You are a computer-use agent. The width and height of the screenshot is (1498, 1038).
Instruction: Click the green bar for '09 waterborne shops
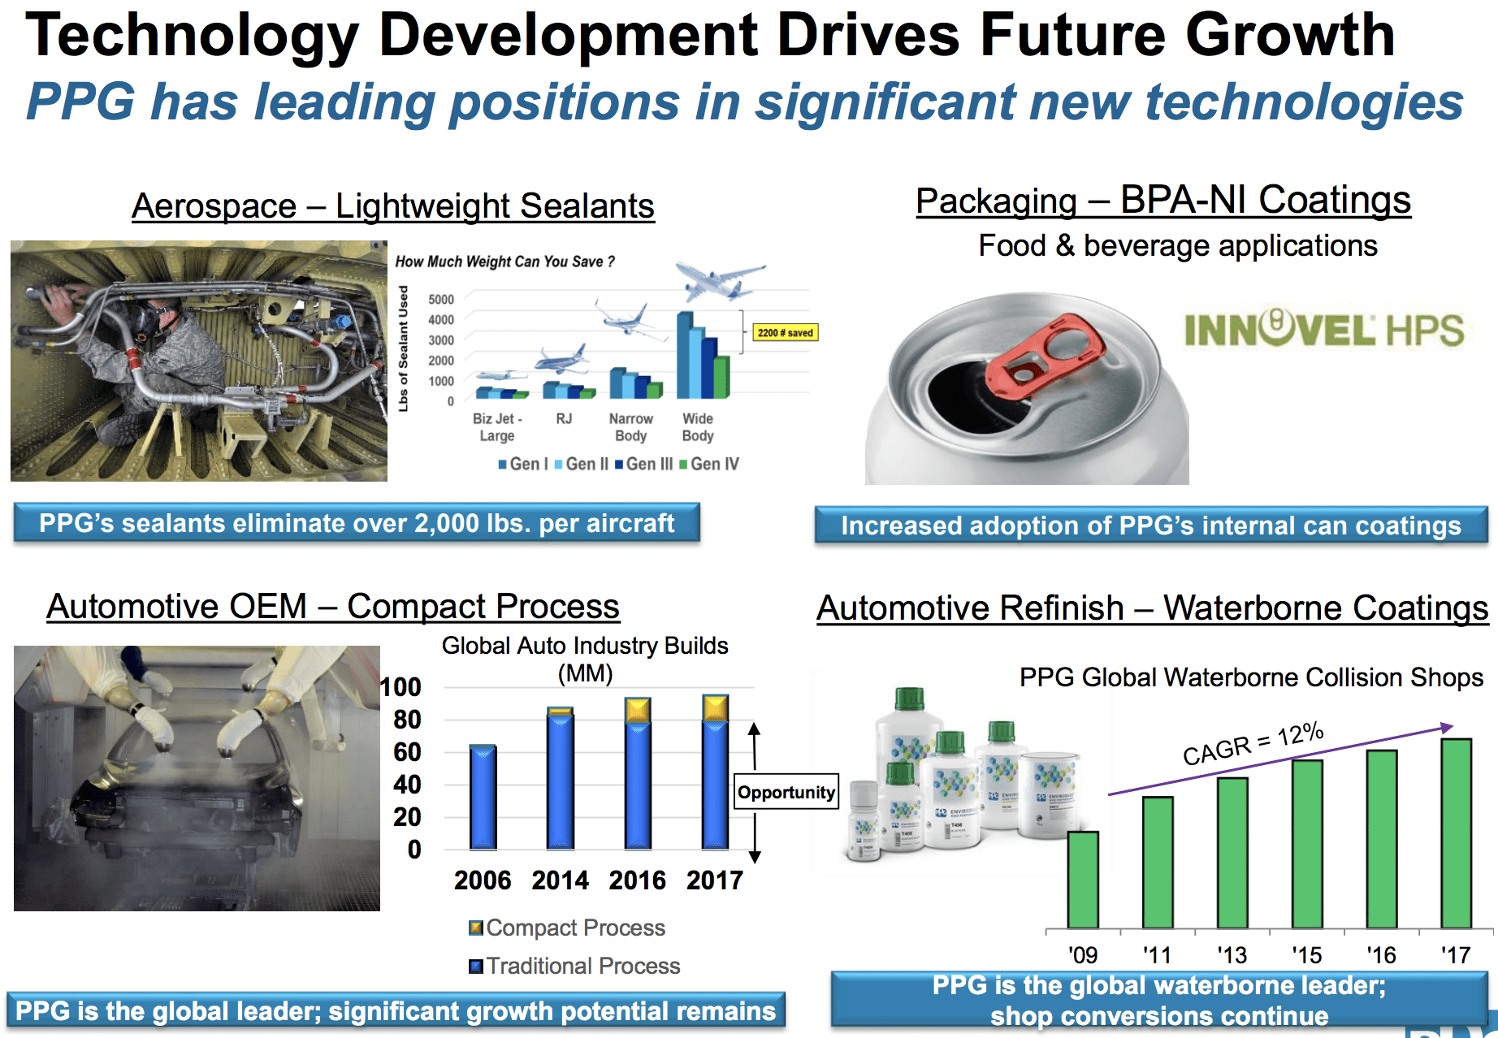(1083, 880)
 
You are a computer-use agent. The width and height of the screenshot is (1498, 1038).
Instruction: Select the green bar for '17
(1456, 833)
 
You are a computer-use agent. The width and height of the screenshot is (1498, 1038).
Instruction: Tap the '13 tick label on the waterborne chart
(1232, 954)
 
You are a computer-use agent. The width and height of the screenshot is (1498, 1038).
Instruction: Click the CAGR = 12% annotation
(1253, 743)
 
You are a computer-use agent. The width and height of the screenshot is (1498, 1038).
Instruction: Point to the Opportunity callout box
(786, 792)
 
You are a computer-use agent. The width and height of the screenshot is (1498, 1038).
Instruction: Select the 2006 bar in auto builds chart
(483, 798)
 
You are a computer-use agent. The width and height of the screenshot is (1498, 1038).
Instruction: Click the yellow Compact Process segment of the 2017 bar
(715, 708)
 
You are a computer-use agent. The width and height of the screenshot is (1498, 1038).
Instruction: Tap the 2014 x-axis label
(560, 880)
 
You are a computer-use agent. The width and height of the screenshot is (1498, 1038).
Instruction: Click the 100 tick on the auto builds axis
(401, 687)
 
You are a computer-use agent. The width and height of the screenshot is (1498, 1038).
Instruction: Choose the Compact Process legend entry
(568, 928)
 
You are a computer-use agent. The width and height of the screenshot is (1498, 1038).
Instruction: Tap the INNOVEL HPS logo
(1323, 330)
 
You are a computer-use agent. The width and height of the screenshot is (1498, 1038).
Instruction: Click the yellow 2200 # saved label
(786, 332)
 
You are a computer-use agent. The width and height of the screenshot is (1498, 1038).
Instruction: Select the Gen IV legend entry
(709, 464)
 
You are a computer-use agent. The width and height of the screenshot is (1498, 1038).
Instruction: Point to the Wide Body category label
(697, 427)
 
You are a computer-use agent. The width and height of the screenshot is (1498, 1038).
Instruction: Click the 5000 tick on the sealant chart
(440, 299)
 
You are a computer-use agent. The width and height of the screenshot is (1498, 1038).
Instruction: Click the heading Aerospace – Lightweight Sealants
(393, 206)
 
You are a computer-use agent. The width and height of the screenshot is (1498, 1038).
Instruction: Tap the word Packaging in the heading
(996, 201)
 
